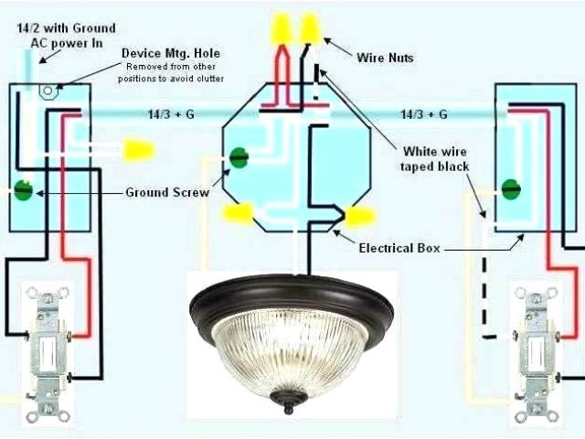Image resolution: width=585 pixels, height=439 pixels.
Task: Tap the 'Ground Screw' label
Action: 166,193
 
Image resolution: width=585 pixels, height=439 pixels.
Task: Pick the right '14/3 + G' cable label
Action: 423,114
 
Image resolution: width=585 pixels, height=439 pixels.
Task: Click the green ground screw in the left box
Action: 23,191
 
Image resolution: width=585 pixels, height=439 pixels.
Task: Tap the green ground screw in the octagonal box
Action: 239,157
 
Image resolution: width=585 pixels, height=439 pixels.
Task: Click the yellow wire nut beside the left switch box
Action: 138,147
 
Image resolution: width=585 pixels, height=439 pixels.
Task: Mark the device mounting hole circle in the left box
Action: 43,91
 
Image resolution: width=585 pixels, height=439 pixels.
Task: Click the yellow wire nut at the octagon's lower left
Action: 239,215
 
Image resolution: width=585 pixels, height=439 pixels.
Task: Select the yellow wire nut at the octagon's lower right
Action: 359,217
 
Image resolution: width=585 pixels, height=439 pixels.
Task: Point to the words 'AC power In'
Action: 60,42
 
